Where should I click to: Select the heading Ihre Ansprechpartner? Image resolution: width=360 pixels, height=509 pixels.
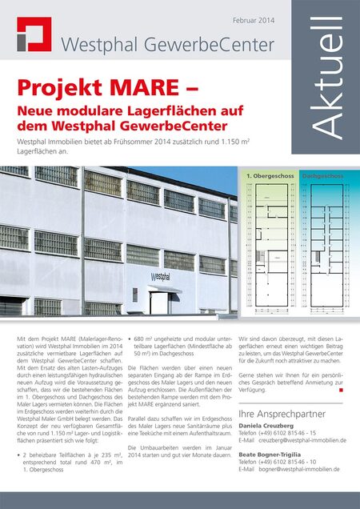(x=279, y=414)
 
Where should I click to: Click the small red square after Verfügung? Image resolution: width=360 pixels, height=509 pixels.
(x=341, y=391)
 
